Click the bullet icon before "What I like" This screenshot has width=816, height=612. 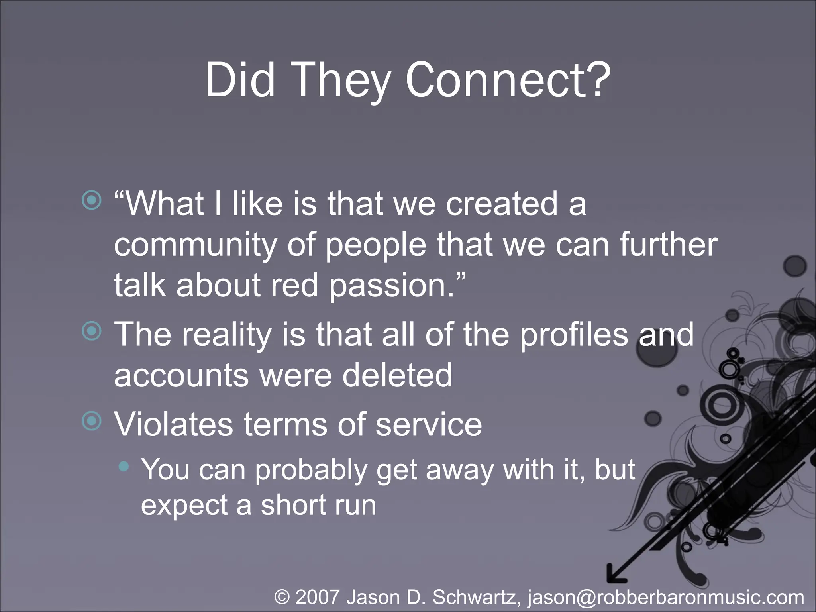pyautogui.click(x=92, y=200)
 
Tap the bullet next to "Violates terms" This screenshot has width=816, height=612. pyautogui.click(x=92, y=421)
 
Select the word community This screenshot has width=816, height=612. pyautogui.click(x=195, y=245)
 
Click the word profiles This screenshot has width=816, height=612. pyautogui.click(x=574, y=335)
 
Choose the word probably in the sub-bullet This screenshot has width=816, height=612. pyautogui.click(x=310, y=470)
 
